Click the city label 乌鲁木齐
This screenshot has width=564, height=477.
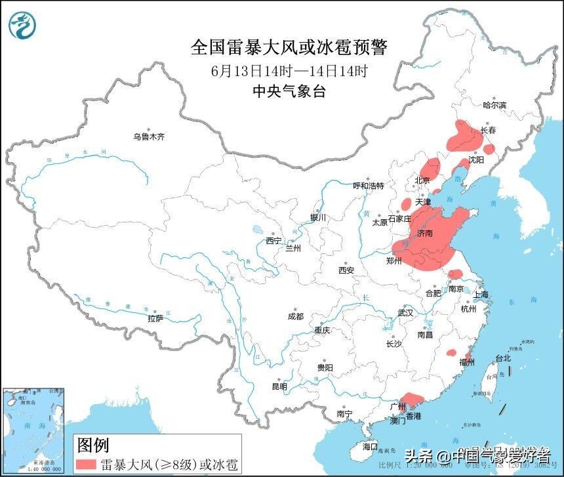coord(149,137)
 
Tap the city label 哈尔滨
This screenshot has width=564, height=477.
coord(494,105)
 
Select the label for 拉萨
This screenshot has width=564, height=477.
coord(155,319)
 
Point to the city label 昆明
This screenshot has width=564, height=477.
coord(279,386)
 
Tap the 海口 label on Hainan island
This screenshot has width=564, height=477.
coord(371,446)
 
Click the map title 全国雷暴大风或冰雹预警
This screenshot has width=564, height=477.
coord(289,48)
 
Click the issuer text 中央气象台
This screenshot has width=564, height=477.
coord(289,92)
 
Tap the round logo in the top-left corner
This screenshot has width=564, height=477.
coord(23,26)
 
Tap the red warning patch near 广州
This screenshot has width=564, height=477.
coord(411,399)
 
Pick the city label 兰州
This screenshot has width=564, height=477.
coord(292,249)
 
